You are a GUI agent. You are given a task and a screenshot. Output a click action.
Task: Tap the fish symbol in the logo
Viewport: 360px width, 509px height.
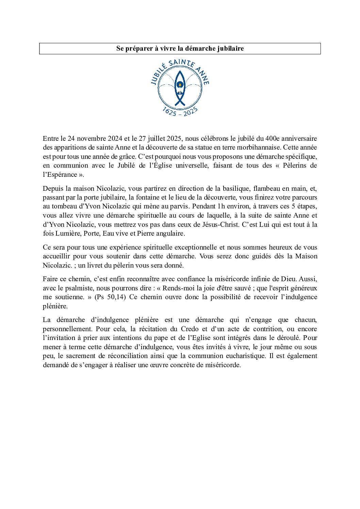[180, 89]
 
